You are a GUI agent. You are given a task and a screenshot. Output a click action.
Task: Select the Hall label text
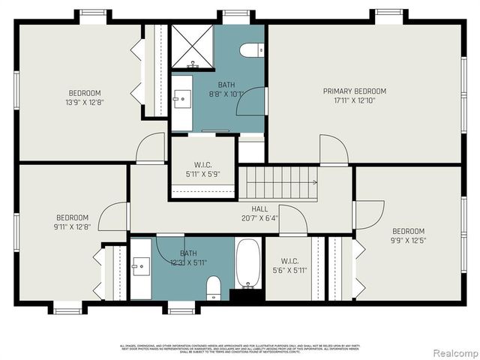click(248, 209)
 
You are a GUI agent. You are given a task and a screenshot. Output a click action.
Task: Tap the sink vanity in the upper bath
click(182, 98)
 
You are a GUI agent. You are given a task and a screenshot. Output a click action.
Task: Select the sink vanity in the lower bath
click(140, 267)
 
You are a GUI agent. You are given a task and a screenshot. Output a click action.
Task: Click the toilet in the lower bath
click(214, 287)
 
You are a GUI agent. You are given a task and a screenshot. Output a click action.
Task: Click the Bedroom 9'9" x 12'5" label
click(408, 235)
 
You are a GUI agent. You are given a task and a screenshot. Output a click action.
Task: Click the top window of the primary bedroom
click(388, 13)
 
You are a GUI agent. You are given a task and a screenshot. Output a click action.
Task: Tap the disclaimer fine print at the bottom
click(240, 348)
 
